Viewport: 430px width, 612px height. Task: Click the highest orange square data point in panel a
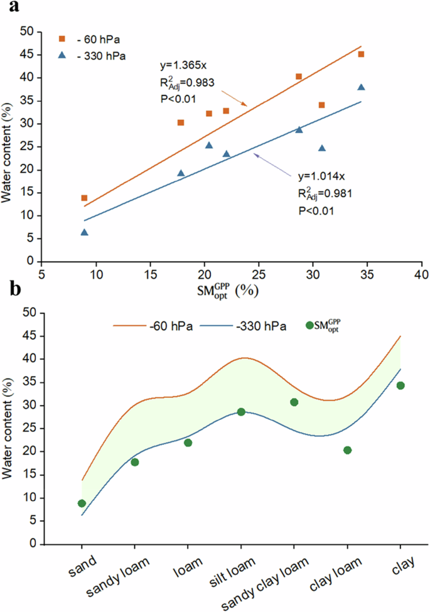(x=361, y=55)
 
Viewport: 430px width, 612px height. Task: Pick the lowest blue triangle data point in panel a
(x=84, y=232)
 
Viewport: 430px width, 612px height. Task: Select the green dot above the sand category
(x=82, y=503)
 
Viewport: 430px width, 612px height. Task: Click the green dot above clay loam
(x=347, y=450)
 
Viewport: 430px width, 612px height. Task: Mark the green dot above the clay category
(x=400, y=385)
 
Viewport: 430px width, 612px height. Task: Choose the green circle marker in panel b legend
(x=309, y=325)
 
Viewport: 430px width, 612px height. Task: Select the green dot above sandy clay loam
(x=294, y=402)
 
